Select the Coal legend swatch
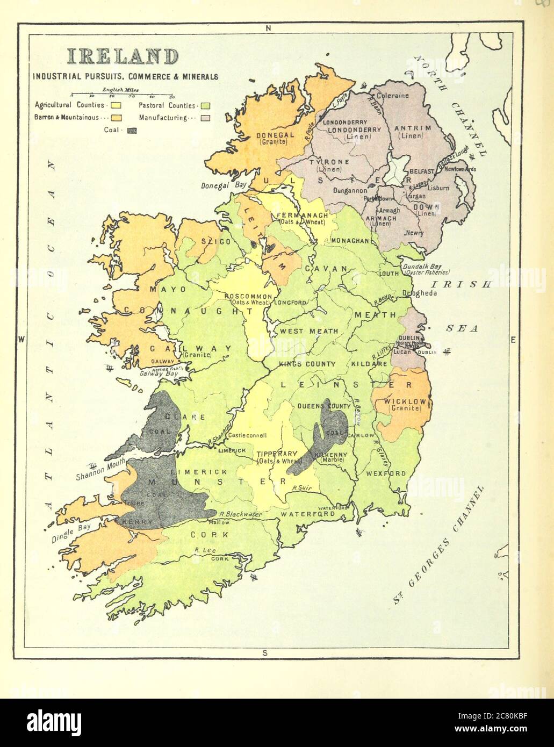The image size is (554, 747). (x=132, y=130)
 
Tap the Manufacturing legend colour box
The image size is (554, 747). (x=205, y=118)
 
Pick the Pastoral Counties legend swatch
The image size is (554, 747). (x=205, y=105)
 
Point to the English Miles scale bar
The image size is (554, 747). (x=123, y=94)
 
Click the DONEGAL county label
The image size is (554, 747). (x=275, y=135)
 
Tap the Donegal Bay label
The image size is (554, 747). (x=224, y=184)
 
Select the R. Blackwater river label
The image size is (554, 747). (x=241, y=514)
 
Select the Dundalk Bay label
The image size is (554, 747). (x=421, y=266)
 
